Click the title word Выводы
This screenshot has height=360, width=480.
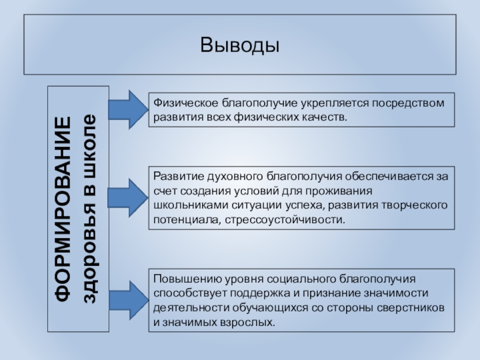pos(240,46)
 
